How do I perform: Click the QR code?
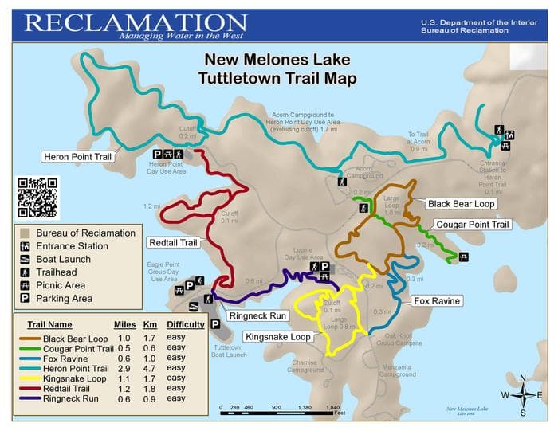click(37, 198)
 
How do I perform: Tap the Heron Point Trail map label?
click(77, 156)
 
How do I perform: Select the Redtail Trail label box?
click(171, 241)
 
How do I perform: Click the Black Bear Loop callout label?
click(462, 204)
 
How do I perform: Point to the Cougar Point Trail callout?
click(472, 225)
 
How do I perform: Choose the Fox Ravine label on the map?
click(437, 301)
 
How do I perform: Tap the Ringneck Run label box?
click(257, 315)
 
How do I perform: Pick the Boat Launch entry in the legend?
click(64, 260)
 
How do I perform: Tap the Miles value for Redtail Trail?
click(123, 388)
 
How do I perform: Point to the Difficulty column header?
click(185, 324)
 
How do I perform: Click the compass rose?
click(522, 394)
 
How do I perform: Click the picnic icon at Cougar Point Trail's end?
click(463, 257)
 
